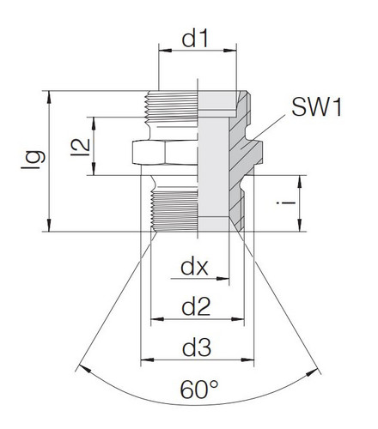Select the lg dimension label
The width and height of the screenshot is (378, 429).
(32, 160)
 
